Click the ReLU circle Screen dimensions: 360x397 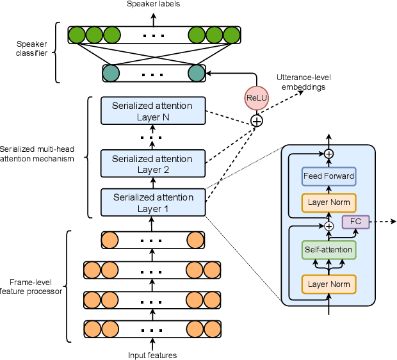pos(256,98)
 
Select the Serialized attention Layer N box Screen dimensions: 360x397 pos(152,111)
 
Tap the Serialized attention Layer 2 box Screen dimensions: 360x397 pos(152,164)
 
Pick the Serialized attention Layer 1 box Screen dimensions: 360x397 pos(152,203)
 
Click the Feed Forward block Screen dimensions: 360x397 pos(328,176)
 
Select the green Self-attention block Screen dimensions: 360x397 pos(328,249)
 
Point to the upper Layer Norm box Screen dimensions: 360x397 pos(328,202)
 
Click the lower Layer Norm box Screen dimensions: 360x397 pos(328,283)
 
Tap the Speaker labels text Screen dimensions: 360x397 pos(152,4)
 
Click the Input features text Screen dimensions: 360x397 pos(152,355)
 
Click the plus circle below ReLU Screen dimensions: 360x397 pos(256,120)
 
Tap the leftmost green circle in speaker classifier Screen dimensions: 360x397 pos(77,35)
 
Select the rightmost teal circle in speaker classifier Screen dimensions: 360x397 pos(195,73)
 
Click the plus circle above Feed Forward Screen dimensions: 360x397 pos(328,154)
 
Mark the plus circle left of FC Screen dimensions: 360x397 pos(328,226)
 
